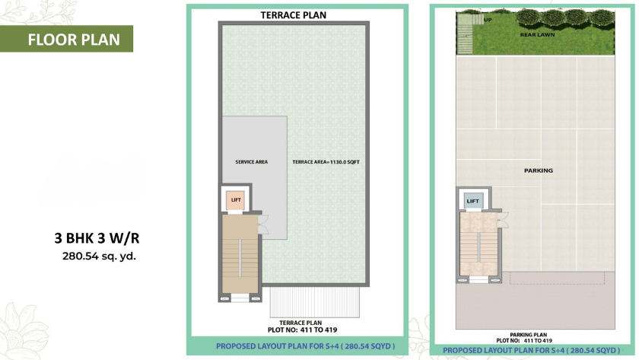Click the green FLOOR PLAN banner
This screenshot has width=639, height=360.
(x=66, y=39)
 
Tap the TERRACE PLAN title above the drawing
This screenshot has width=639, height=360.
(x=294, y=15)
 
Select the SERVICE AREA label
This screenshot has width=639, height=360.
(x=252, y=162)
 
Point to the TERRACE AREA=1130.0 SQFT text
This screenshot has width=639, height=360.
(x=326, y=162)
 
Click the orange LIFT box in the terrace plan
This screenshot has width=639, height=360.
(x=236, y=200)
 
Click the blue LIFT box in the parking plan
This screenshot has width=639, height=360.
(x=472, y=201)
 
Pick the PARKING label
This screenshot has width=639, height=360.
(x=539, y=170)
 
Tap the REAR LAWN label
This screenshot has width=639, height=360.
(x=537, y=35)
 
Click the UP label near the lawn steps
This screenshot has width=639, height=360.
(x=488, y=20)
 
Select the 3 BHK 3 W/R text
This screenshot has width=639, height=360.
(x=97, y=238)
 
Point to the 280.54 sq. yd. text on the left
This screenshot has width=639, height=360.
(x=99, y=256)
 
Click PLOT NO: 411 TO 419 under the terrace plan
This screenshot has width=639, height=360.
(x=303, y=330)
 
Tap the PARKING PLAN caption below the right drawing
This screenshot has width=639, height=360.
(x=528, y=335)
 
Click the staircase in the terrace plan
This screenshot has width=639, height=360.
(x=240, y=254)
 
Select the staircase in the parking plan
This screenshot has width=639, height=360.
(x=478, y=244)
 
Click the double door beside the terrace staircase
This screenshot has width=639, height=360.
(x=264, y=225)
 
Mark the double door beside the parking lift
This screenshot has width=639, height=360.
(x=504, y=220)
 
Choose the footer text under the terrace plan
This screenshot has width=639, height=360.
(x=305, y=346)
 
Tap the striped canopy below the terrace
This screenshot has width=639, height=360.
(x=315, y=302)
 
